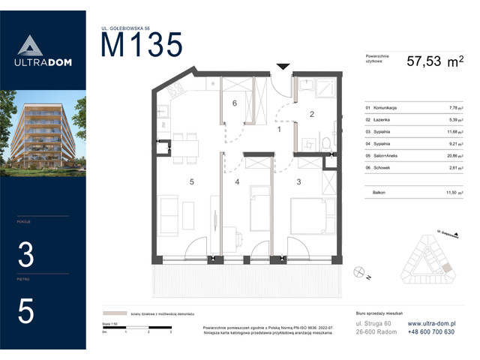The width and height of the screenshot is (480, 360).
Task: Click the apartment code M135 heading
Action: point(142,46)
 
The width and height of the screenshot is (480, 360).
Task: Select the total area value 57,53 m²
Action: point(434,63)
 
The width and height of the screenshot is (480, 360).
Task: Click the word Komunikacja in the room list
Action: point(382,108)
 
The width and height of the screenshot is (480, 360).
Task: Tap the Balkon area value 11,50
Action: point(454,193)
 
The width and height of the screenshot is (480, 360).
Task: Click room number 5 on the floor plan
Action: point(192,181)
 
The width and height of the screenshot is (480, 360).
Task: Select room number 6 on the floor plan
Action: point(235,103)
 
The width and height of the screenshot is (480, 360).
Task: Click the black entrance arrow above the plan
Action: point(282,67)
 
